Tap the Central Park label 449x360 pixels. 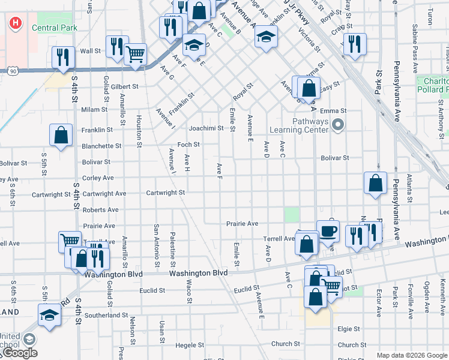53,28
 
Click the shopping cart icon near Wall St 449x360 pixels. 136,53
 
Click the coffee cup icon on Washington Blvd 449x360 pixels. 328,231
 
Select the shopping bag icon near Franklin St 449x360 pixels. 61,135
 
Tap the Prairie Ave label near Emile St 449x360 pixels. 242,224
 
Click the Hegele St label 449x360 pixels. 190,346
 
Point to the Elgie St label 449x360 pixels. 348,329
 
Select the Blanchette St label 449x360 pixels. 101,146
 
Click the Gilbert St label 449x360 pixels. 124,86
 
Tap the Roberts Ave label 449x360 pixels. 100,210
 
